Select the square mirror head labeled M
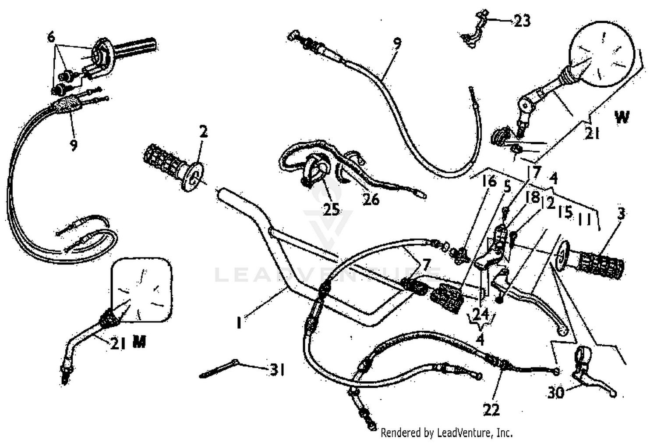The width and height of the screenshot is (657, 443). pos(141,289)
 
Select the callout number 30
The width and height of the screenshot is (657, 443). pos(556,393)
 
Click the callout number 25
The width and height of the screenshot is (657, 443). pos(331,209)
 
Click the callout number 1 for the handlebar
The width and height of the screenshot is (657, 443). pos(239,323)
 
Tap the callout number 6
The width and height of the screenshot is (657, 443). pos(52,37)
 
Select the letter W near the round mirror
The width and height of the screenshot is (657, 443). pos(622,117)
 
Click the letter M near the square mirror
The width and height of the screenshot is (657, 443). pos(139,342)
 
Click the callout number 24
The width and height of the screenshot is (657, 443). pos(480,313)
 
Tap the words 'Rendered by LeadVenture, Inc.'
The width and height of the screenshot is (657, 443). pos(446,433)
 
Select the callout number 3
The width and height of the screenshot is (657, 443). pos(621,214)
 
